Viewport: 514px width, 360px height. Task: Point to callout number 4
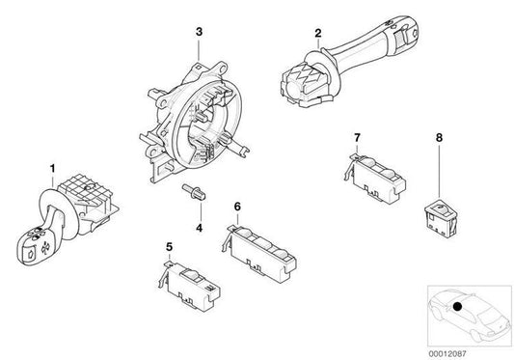198,229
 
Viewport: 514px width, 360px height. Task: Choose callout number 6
235,206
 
